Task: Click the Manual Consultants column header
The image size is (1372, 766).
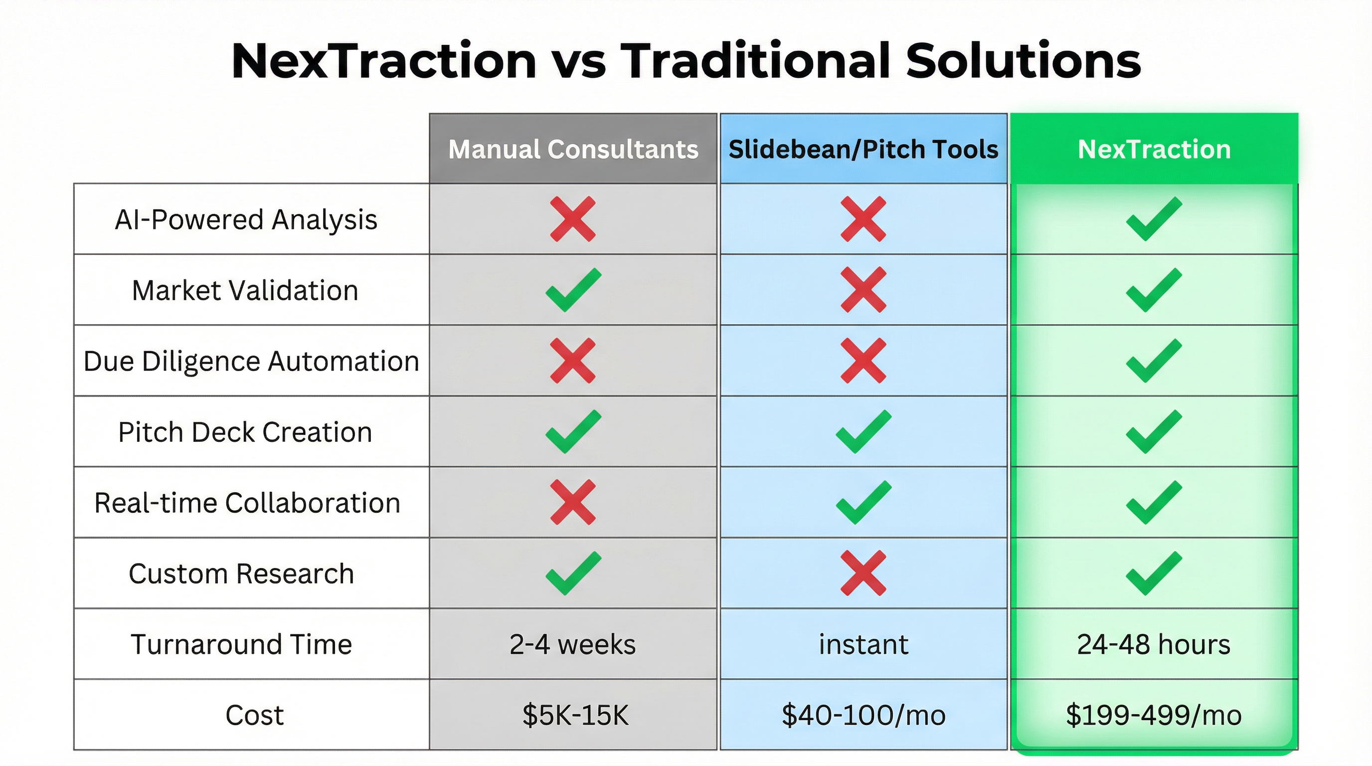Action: (573, 149)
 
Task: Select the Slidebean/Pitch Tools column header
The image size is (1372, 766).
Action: (863, 149)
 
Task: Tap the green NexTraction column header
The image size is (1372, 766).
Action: (1154, 149)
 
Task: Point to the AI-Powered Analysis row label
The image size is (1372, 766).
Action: (246, 219)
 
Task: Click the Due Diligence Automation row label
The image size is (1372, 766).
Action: (251, 361)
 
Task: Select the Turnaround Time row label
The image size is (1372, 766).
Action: (241, 644)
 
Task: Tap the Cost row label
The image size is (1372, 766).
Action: (254, 715)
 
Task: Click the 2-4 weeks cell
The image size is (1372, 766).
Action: (572, 644)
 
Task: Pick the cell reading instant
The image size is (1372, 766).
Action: (863, 644)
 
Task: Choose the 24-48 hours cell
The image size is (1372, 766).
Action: (1154, 644)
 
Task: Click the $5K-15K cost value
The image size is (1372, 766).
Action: (575, 715)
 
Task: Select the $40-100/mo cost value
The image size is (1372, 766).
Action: (863, 715)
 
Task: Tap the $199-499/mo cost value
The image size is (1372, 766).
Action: (1154, 715)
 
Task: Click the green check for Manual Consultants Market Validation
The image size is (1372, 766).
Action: (573, 290)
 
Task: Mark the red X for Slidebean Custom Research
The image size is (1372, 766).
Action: (863, 573)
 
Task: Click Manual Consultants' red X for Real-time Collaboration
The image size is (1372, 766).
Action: (573, 502)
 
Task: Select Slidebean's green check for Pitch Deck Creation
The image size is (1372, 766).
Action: (863, 431)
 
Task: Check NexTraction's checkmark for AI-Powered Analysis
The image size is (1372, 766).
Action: (1154, 219)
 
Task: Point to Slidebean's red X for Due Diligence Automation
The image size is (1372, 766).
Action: (863, 361)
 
